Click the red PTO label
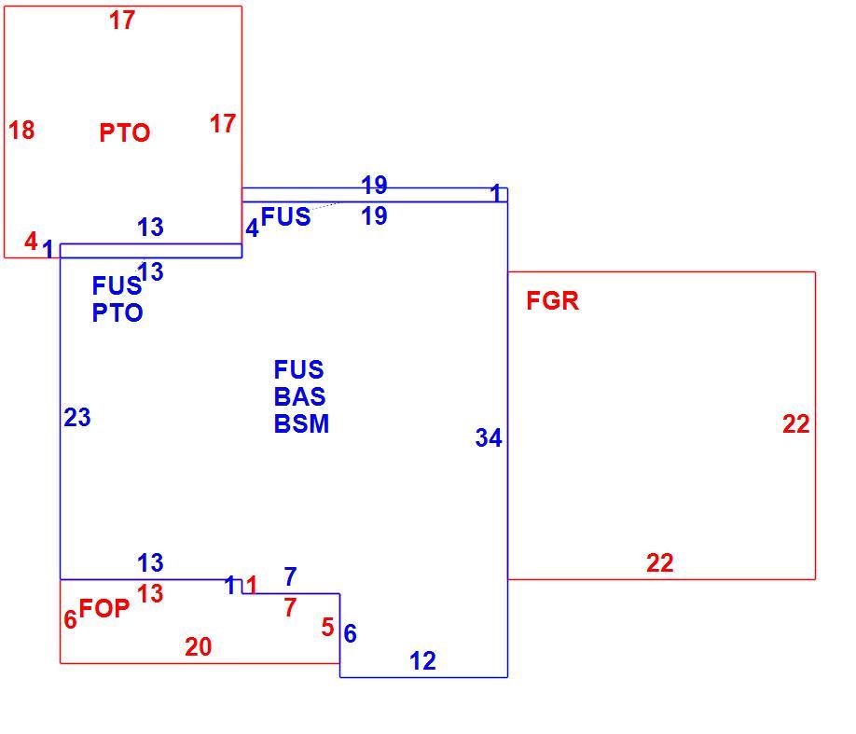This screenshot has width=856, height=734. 124,132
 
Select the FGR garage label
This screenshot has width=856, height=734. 552,301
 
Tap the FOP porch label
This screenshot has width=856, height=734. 104,608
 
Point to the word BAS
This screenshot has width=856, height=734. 299,396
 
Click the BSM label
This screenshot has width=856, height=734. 301,423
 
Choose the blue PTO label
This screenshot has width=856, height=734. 117,313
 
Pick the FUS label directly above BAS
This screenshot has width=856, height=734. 298,369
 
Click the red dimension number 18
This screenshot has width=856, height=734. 21,130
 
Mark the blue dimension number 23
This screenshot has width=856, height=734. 77,418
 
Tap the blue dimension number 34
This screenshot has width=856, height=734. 489,438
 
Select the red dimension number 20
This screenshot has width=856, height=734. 199,647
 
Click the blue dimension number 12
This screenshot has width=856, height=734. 422,661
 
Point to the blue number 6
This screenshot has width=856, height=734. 350,633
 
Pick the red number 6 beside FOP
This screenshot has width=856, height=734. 70,619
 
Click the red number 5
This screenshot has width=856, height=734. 327,627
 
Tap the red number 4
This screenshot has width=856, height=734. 31,241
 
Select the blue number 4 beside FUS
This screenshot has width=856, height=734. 252,229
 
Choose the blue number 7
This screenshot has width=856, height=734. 290,576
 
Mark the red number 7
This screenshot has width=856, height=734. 290,607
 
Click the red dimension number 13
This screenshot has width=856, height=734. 150,594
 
